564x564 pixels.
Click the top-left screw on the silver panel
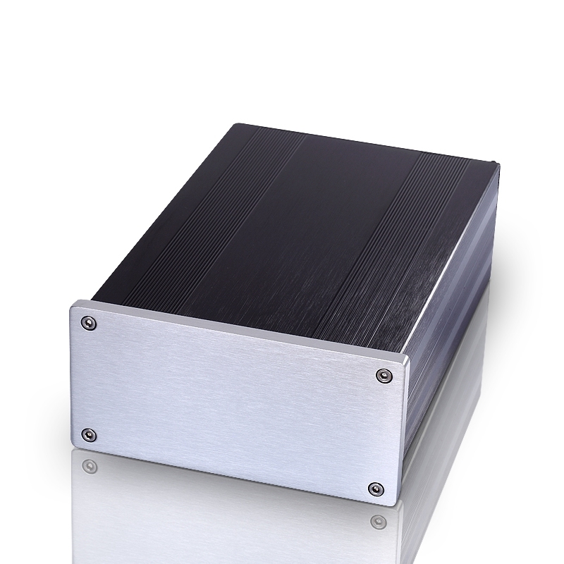(x=87, y=323)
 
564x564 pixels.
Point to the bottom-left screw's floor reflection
(x=88, y=466)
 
